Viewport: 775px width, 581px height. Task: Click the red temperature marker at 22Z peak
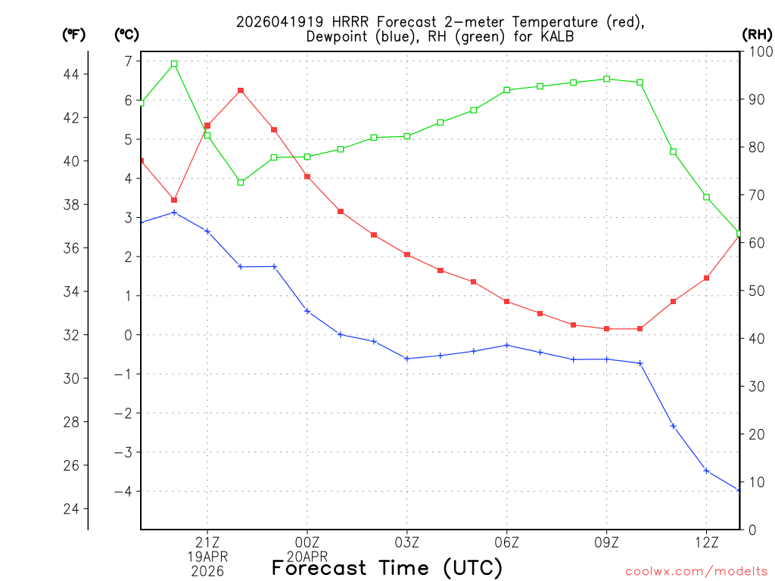click(x=241, y=91)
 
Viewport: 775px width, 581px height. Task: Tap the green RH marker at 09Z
click(x=607, y=79)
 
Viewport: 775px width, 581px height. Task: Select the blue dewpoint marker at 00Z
click(x=307, y=311)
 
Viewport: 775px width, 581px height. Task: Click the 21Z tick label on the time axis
click(x=207, y=542)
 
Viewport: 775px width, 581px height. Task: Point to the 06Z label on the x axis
click(x=507, y=542)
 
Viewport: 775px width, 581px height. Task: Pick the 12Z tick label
click(x=706, y=542)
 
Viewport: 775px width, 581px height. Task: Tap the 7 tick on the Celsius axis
click(x=128, y=61)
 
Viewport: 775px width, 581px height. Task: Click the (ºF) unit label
click(x=73, y=34)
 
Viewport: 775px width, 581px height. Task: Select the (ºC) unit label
click(x=126, y=34)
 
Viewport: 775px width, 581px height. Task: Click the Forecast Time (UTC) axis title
click(x=387, y=567)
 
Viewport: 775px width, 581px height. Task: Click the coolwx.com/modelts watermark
click(x=696, y=571)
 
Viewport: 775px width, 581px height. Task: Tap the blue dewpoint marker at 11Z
click(x=673, y=427)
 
